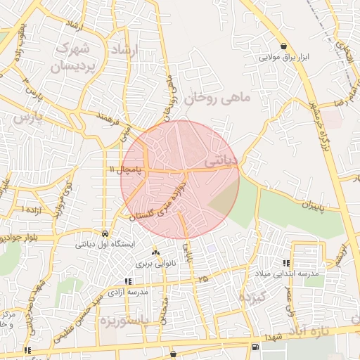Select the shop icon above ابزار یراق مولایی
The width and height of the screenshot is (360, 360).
tap(283, 44)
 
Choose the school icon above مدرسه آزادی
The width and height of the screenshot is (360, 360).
tap(127, 281)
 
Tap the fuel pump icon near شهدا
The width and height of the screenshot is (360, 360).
tap(254, 346)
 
